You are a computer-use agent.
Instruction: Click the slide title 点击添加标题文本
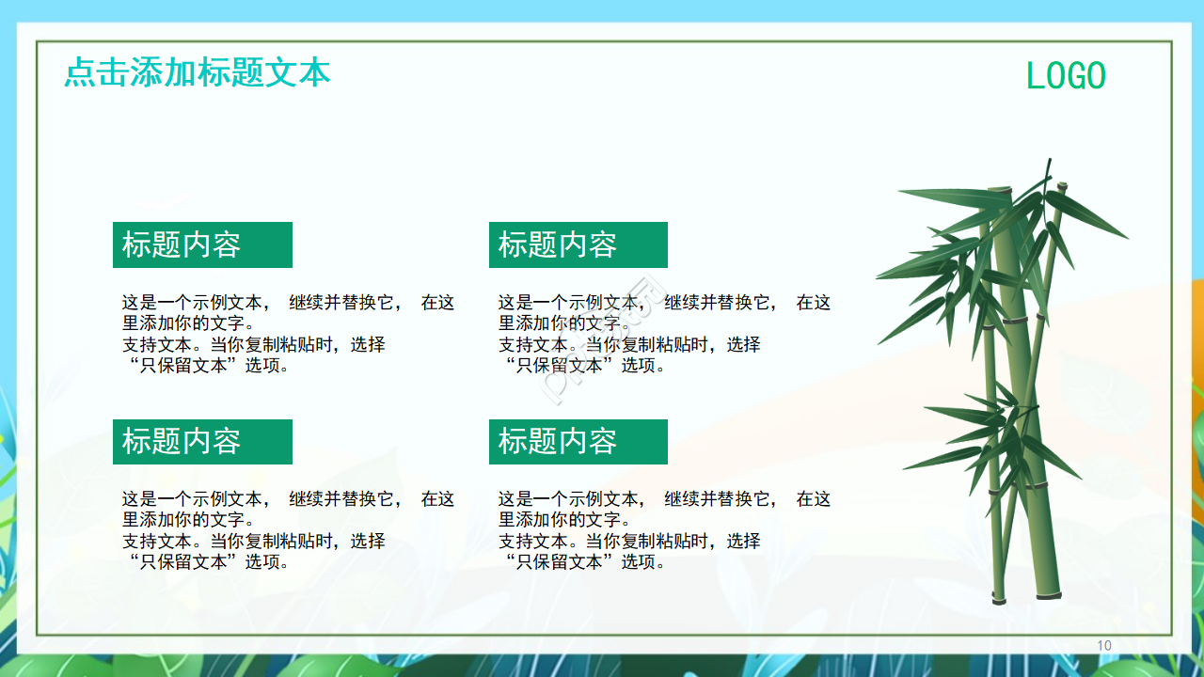click(x=198, y=72)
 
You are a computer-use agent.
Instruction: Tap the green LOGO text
click(x=1066, y=76)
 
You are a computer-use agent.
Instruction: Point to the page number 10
click(x=1104, y=645)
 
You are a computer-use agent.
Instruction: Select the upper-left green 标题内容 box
click(x=202, y=244)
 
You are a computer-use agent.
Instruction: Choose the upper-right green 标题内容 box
click(x=578, y=244)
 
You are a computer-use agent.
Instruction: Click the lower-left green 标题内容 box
click(x=202, y=442)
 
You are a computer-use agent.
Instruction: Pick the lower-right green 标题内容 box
click(x=578, y=442)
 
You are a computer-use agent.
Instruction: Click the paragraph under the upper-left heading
click(x=287, y=334)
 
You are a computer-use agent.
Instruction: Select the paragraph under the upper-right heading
click(x=663, y=334)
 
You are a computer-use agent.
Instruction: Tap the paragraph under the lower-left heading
click(x=287, y=530)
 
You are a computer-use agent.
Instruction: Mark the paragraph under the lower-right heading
click(x=663, y=530)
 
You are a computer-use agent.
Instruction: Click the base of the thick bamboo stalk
click(x=1048, y=592)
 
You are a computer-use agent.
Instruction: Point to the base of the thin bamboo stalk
click(x=998, y=598)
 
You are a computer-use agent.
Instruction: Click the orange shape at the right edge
click(x=1196, y=320)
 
